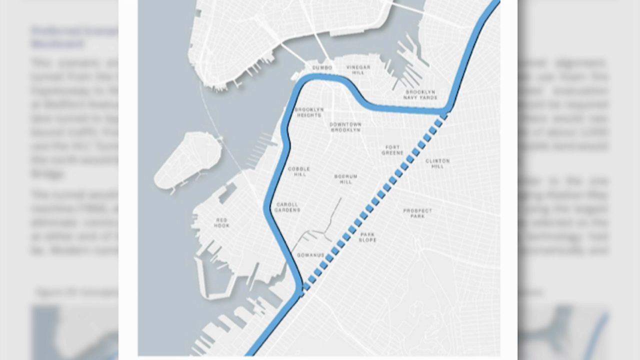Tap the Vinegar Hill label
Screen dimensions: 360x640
pos(358,70)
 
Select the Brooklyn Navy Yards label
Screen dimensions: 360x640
pos(420,94)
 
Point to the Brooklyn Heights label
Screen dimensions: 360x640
pos(309,112)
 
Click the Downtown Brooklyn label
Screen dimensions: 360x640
pos(345,127)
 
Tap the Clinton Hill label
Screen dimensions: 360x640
pos(437,163)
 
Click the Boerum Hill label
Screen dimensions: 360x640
pos(345,179)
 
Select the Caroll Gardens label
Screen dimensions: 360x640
pos(287,207)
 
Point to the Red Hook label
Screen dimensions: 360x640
pos(221,222)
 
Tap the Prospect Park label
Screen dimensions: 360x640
pos(417,213)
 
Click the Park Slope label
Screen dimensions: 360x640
pos(367,237)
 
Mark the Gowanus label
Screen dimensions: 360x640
pos(310,255)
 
